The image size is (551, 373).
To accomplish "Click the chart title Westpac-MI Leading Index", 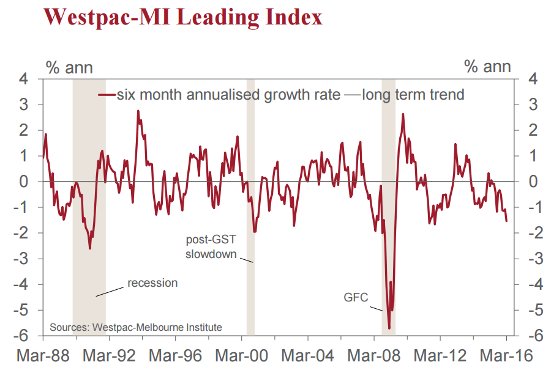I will click(182, 17).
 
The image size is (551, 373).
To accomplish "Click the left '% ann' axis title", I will click(70, 67).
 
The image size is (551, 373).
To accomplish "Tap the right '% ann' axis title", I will click(487, 67).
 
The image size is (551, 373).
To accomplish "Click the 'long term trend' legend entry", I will click(413, 95).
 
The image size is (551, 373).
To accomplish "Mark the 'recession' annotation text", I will click(152, 283).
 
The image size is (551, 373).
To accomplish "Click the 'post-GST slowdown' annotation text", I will click(211, 246).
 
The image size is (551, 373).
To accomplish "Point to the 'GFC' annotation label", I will click(356, 298).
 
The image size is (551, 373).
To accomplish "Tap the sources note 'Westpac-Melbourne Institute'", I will click(136, 327).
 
